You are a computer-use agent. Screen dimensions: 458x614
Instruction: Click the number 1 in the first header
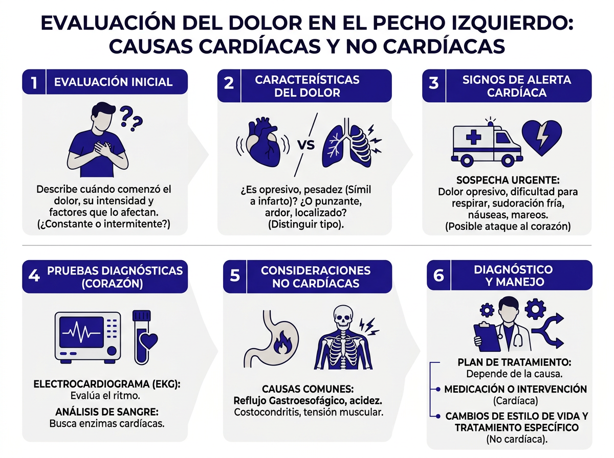tap(34, 82)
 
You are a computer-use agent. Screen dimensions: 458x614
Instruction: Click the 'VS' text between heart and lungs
tap(305, 144)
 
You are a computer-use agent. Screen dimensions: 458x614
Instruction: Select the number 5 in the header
tap(235, 277)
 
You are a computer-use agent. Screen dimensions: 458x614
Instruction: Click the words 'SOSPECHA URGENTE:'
tap(508, 181)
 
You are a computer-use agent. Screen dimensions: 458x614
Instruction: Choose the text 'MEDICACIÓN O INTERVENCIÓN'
tap(515, 389)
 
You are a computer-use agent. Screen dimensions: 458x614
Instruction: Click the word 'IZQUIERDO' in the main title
tap(514, 25)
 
